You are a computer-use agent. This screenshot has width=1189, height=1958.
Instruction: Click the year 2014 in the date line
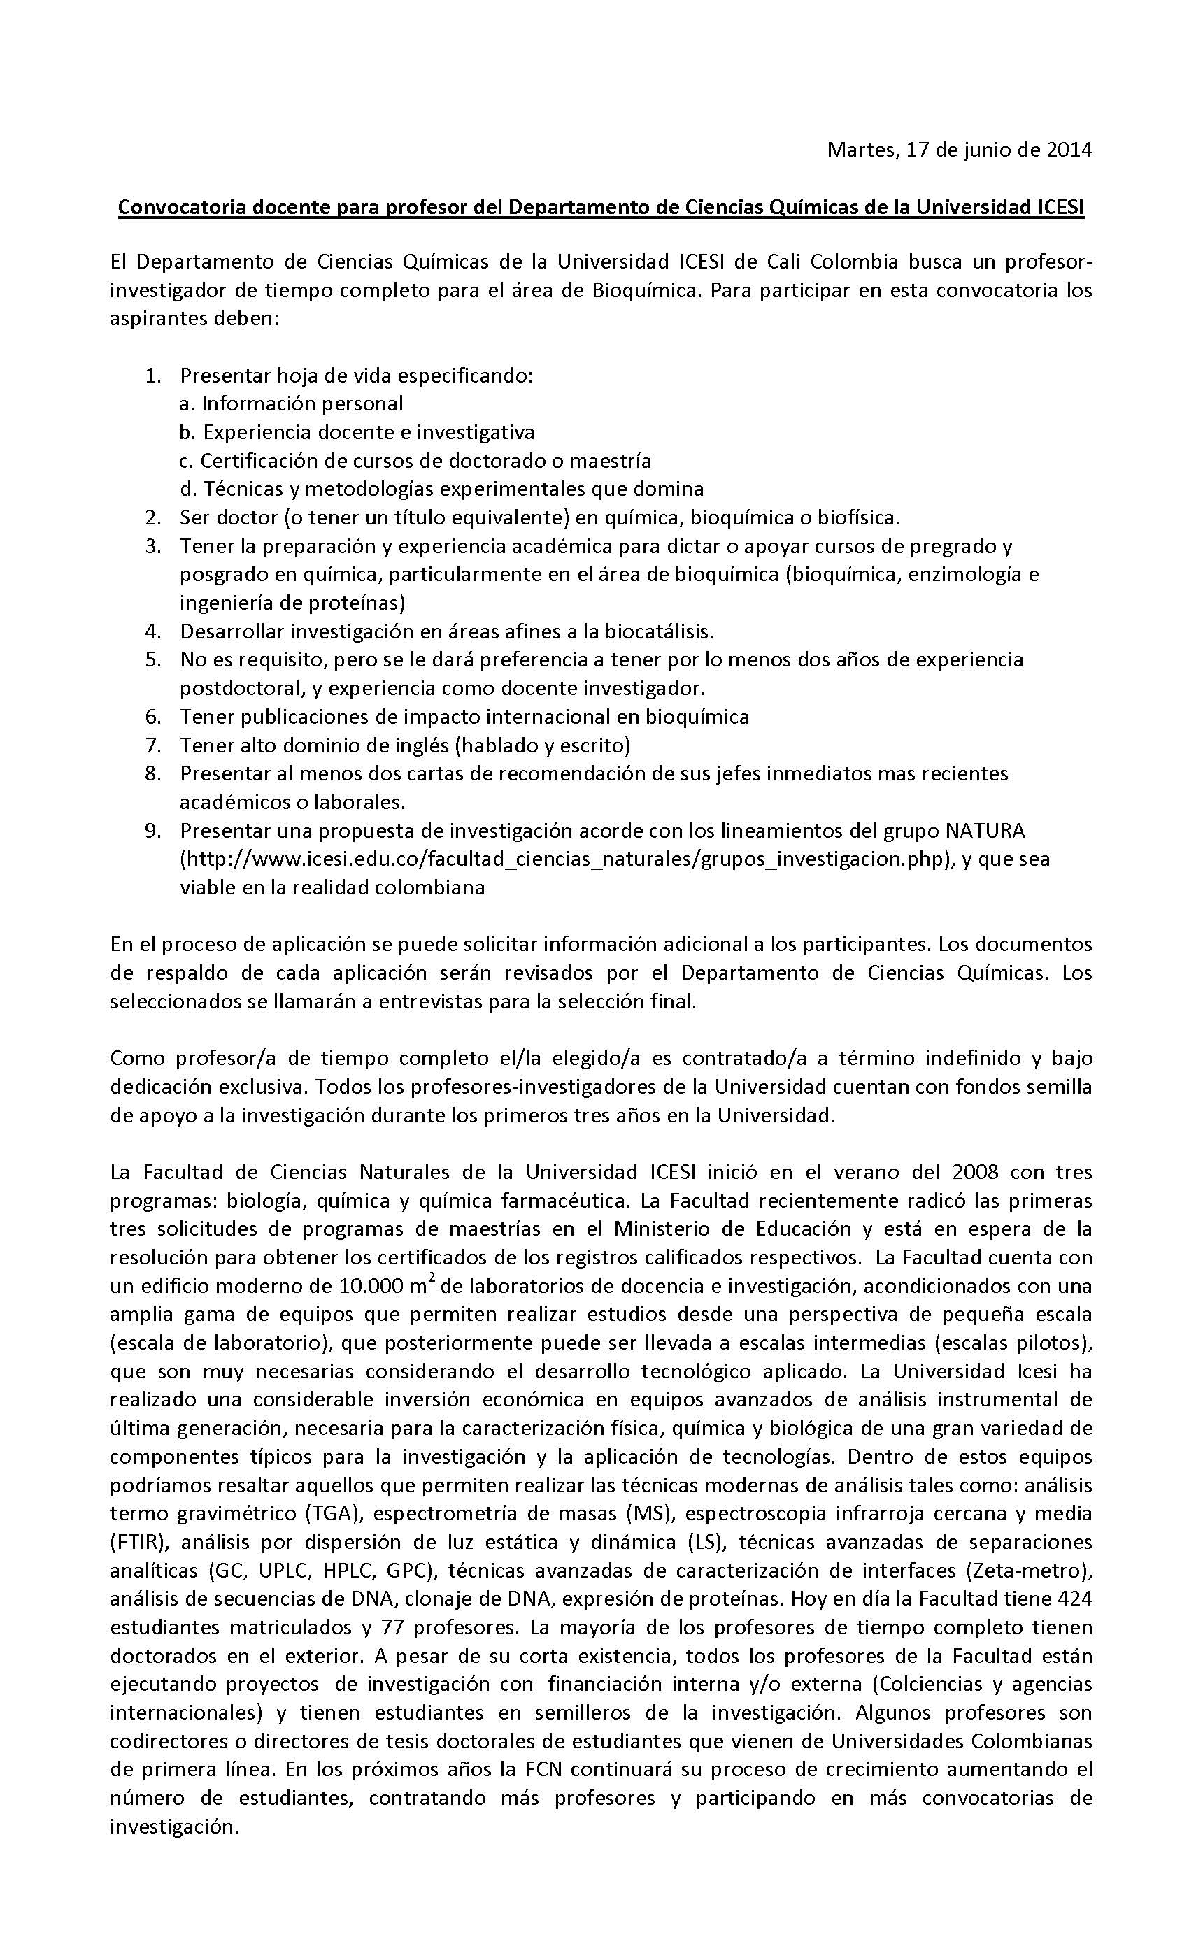1069,150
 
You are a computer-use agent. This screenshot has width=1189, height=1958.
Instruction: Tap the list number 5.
153,659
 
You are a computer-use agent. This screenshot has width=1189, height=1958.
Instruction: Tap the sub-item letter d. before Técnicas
187,489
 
